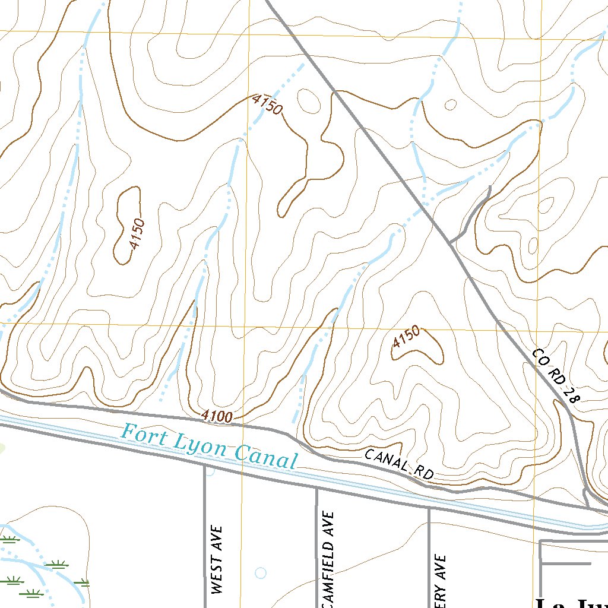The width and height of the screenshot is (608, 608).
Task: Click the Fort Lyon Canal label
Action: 208,447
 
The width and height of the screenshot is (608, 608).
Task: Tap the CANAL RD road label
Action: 399,464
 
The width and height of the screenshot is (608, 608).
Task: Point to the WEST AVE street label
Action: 217,559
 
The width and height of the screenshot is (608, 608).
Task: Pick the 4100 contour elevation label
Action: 216,417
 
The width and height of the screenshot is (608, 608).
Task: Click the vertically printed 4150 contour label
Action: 137,233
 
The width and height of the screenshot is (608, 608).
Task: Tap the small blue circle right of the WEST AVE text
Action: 260,573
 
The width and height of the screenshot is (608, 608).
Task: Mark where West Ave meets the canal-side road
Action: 205,467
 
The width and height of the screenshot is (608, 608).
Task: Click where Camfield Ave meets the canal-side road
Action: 316,489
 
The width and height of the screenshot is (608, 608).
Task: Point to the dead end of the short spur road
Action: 489,187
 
